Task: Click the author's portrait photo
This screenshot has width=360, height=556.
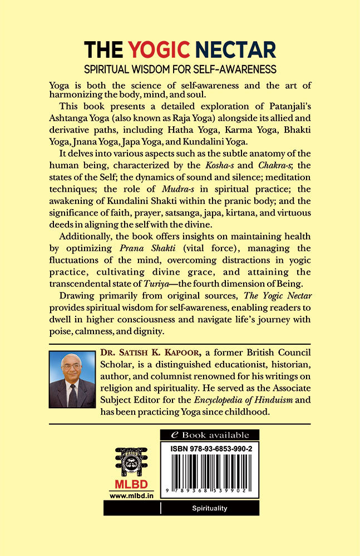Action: click(72, 379)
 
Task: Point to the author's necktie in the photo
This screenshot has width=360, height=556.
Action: click(72, 395)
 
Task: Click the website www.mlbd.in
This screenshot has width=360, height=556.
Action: click(131, 495)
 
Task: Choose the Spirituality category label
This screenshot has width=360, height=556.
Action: click(209, 508)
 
